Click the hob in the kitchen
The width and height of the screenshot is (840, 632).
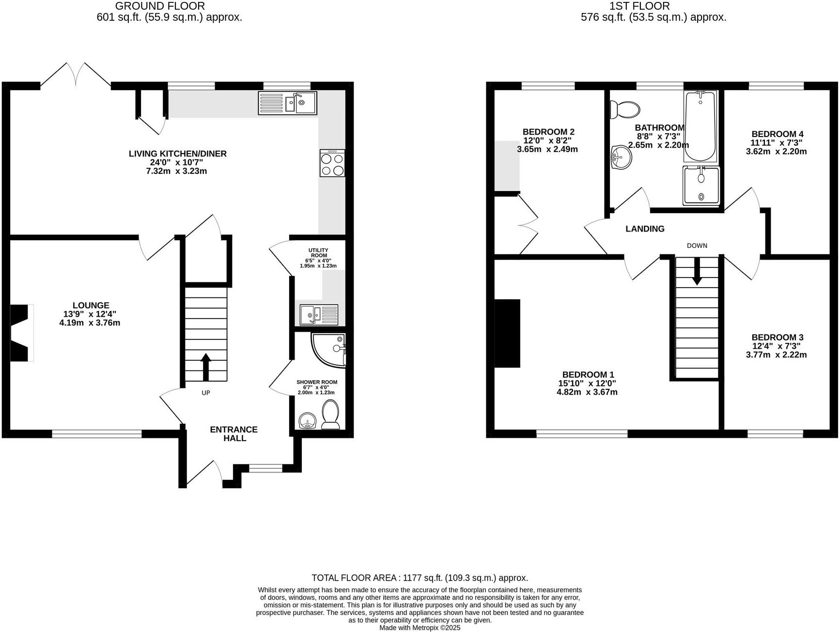[x=332, y=163]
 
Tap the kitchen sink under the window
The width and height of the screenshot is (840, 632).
[x=288, y=103]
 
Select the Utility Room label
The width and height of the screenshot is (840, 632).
[x=318, y=253]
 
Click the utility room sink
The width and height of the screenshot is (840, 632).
[x=319, y=315]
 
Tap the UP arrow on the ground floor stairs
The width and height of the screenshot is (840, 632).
[x=205, y=367]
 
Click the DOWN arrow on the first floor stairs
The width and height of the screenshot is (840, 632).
[x=697, y=271]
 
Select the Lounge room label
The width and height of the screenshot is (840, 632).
[x=91, y=306]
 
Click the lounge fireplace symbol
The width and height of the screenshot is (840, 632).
[x=21, y=333]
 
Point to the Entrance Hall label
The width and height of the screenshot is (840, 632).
[x=234, y=434]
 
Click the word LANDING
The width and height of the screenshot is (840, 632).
[x=645, y=229]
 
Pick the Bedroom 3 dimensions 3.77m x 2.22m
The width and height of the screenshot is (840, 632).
[x=776, y=355]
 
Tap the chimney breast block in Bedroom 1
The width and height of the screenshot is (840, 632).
[x=507, y=333]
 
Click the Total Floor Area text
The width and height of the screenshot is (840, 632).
[x=420, y=578]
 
